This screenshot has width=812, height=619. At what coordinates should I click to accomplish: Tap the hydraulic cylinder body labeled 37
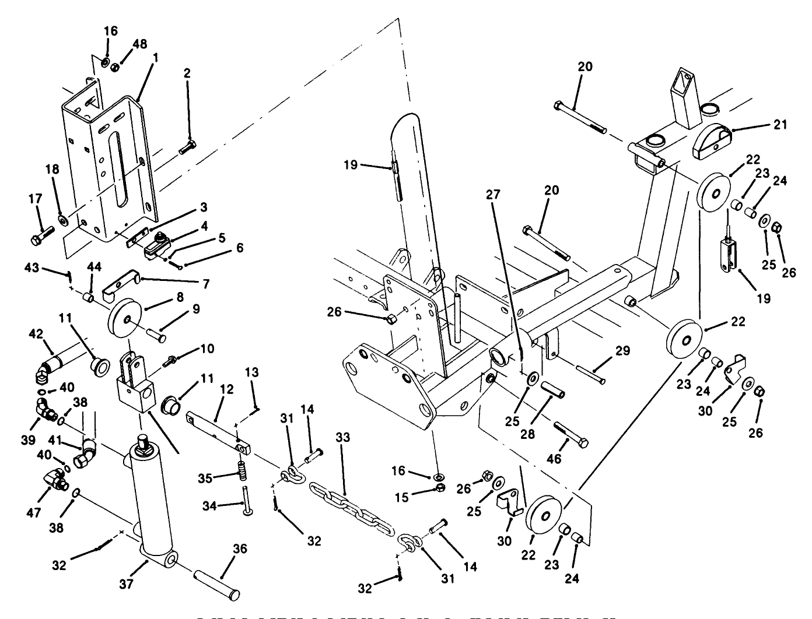click(152, 501)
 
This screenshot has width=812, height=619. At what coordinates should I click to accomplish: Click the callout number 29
click(623, 351)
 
